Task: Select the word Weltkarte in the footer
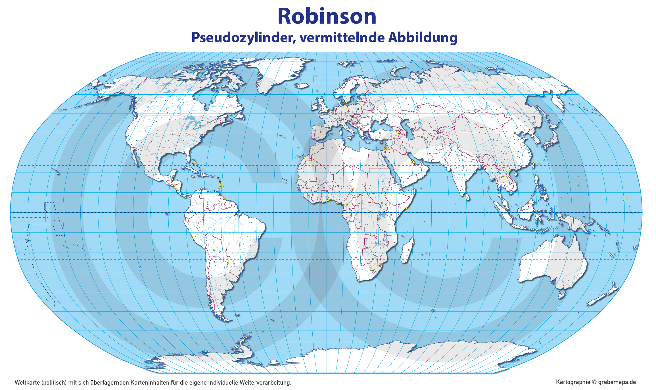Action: point(27,383)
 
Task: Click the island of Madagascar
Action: point(408,250)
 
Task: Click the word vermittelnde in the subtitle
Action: point(341,38)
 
